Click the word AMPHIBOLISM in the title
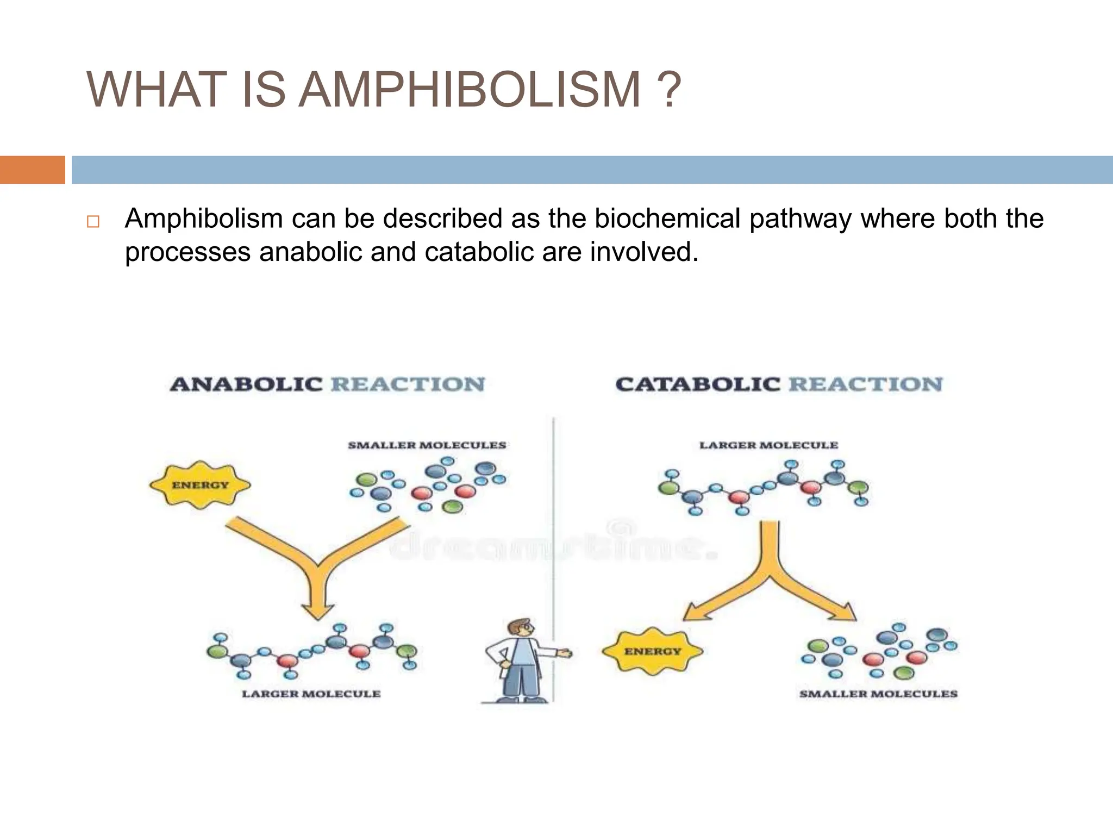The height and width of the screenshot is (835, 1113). (x=471, y=90)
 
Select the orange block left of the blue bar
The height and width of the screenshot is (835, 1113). (x=32, y=170)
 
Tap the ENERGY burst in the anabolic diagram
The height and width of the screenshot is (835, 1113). (x=200, y=485)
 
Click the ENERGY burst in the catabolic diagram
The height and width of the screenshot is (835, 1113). (x=652, y=651)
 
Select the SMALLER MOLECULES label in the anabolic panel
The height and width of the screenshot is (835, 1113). (x=427, y=445)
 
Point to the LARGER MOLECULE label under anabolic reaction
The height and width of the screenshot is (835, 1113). (x=311, y=694)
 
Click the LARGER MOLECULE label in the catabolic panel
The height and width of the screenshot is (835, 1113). (x=768, y=445)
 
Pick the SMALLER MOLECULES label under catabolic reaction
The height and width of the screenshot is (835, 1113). (x=878, y=694)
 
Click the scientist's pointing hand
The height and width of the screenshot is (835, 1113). (x=565, y=652)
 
